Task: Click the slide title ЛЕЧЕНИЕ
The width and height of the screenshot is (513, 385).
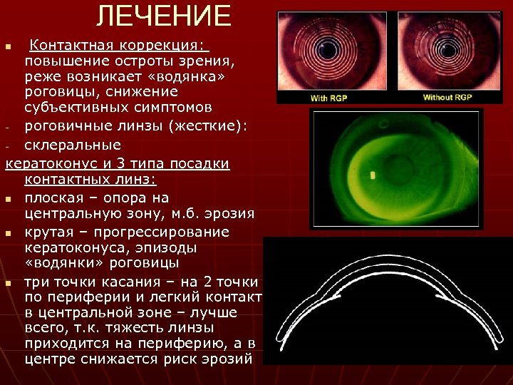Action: tap(164, 16)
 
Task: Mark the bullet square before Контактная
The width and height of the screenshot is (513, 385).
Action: tap(9, 46)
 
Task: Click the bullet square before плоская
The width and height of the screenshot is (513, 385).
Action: tap(9, 199)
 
